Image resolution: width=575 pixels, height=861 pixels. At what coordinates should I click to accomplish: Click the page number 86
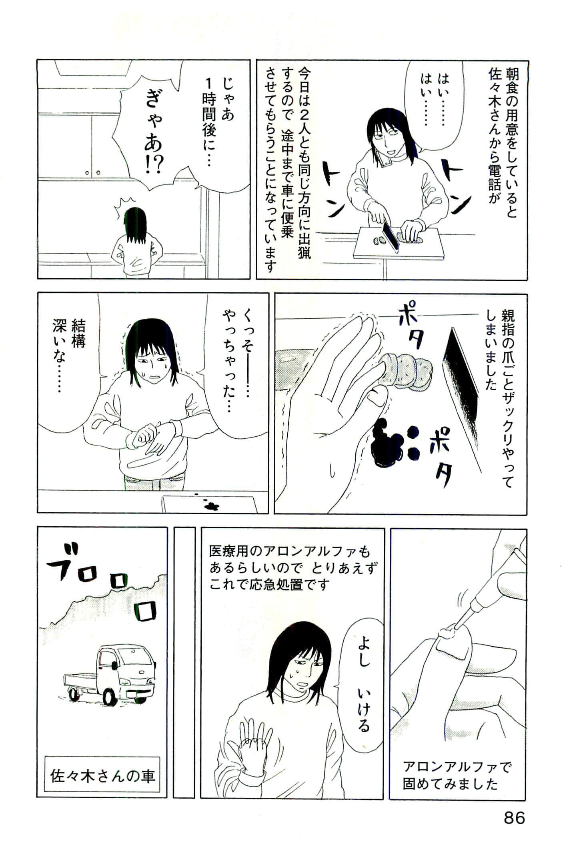click(x=514, y=817)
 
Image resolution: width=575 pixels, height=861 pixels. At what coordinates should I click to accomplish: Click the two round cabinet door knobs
click(x=93, y=173)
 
